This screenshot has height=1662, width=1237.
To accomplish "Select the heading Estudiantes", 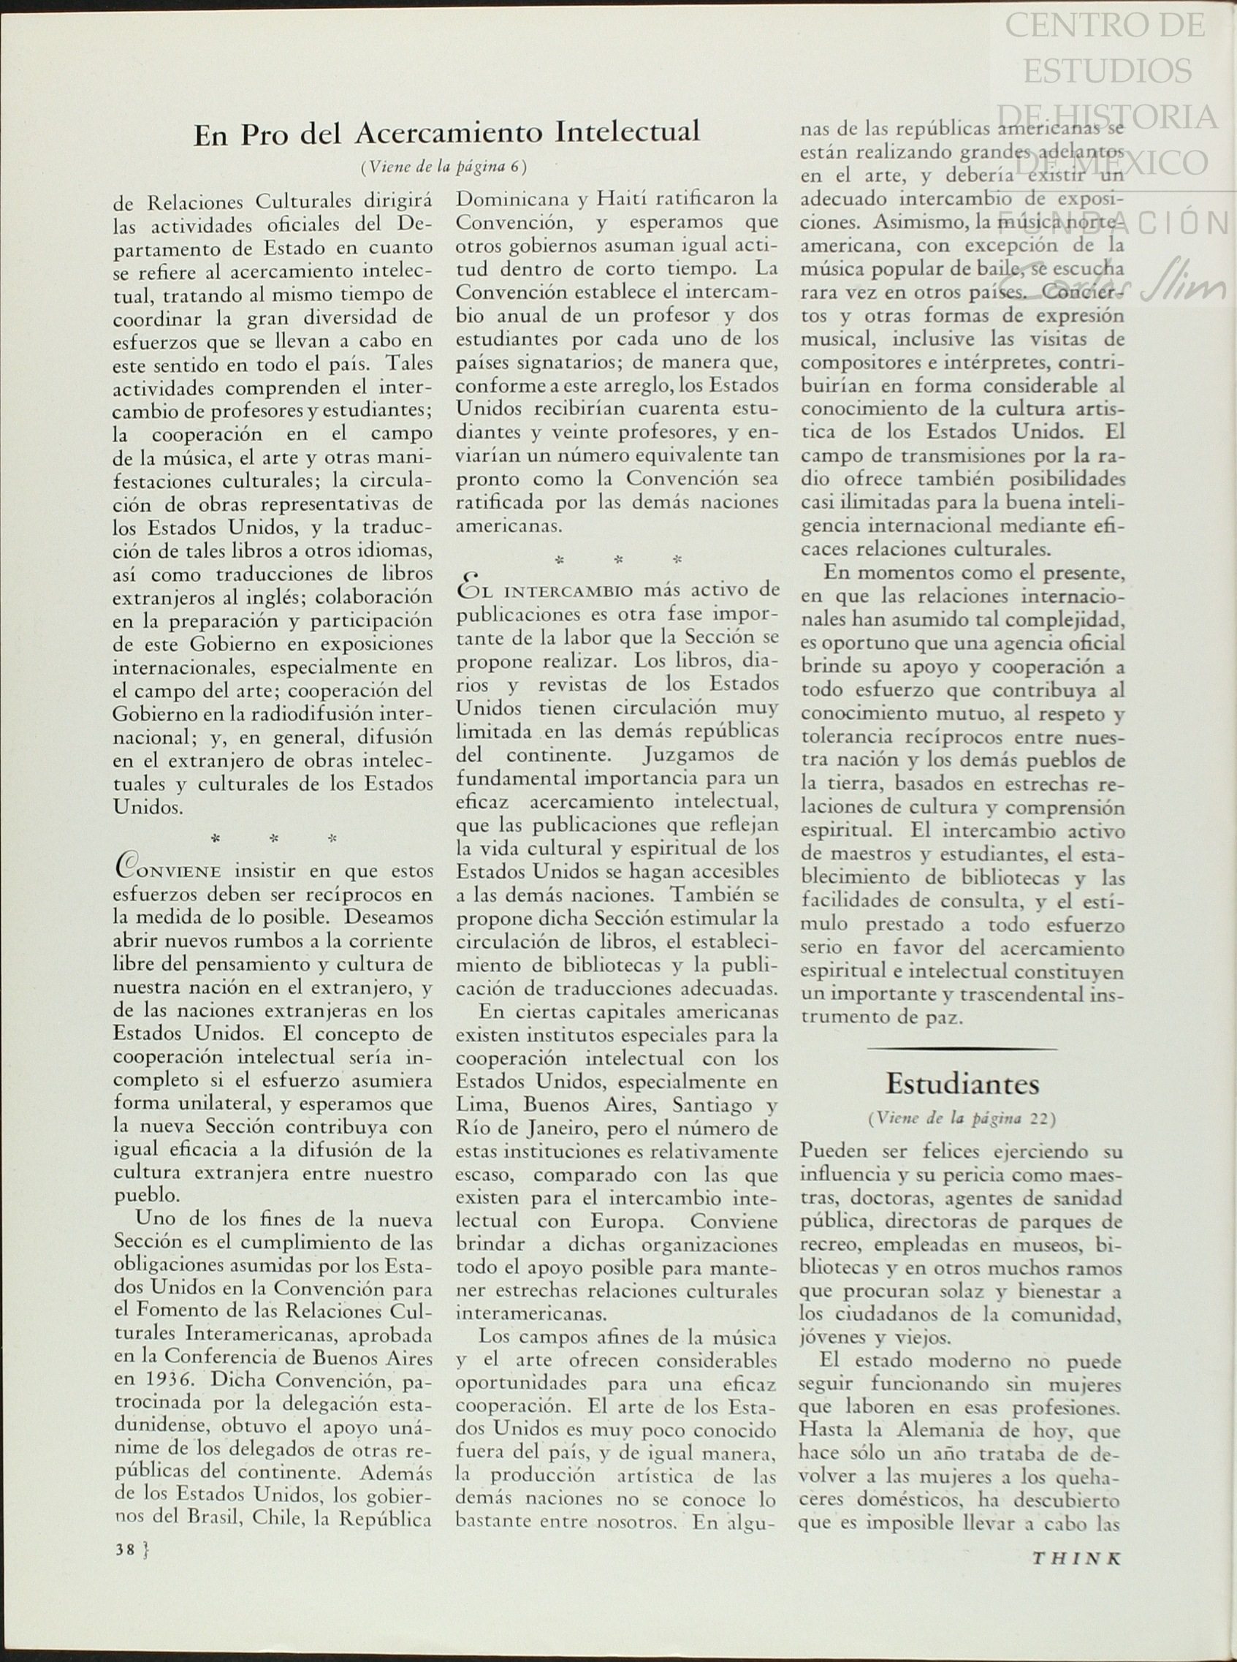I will (x=962, y=1084).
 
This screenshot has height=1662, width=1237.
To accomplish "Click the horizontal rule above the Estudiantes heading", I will (x=962, y=1049).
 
